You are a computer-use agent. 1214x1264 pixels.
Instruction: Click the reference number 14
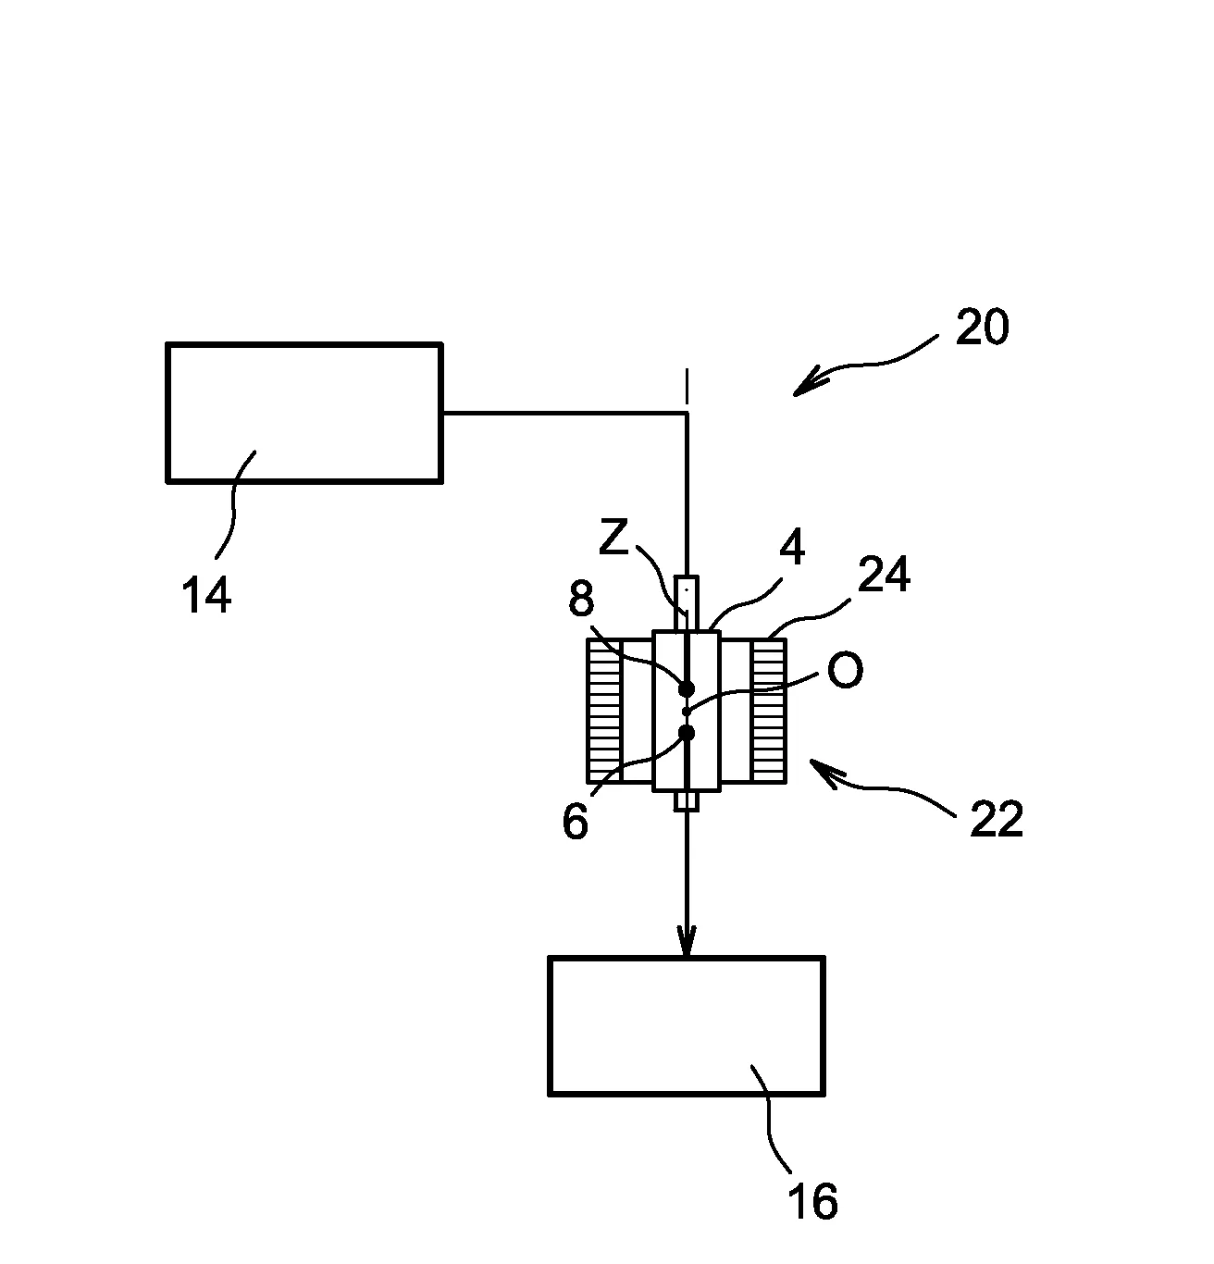(205, 595)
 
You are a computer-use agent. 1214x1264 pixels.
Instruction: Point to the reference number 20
(982, 328)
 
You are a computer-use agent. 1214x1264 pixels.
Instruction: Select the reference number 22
(996, 820)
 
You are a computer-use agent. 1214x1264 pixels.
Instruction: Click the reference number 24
(884, 575)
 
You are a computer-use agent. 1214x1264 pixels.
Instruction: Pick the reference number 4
(791, 550)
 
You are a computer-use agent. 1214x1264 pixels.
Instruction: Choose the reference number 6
(575, 822)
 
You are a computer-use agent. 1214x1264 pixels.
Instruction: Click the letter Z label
(613, 538)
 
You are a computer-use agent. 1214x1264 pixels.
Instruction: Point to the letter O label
(844, 671)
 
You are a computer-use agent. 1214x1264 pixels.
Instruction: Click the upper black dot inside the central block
(687, 688)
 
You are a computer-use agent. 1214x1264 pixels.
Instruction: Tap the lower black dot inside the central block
(687, 733)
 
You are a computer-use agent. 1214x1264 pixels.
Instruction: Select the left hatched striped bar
(604, 710)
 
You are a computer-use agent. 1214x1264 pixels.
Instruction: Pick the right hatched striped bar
(768, 710)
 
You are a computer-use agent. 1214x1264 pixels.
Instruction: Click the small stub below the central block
(687, 800)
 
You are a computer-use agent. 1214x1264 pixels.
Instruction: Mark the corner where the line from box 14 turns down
(687, 414)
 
